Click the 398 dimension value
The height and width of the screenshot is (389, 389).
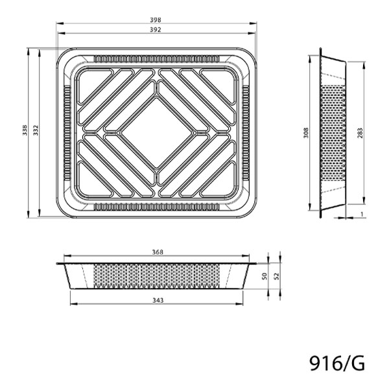[x=156, y=19]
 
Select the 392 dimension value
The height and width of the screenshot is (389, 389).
[x=156, y=30]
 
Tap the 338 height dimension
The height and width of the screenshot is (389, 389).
[x=25, y=133]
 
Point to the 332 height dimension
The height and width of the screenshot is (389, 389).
[x=36, y=133]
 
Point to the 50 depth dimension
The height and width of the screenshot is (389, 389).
[x=265, y=276]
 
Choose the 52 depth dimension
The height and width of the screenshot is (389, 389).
[x=277, y=276]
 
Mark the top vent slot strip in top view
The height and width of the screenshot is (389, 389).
[x=156, y=59]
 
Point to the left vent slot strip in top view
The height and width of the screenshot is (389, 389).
[x=67, y=133]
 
